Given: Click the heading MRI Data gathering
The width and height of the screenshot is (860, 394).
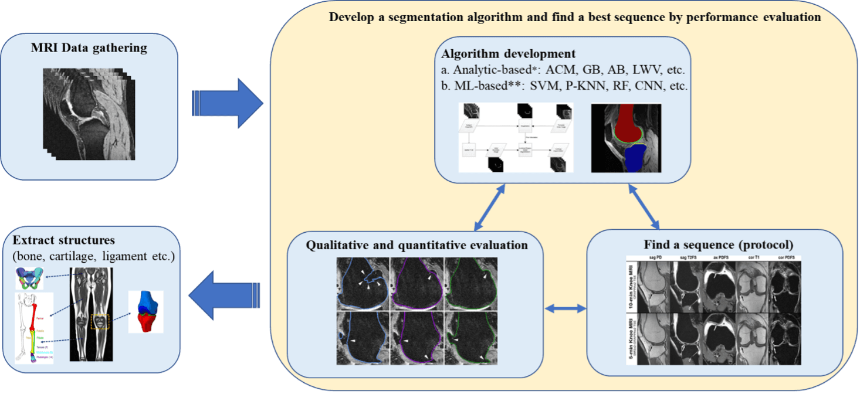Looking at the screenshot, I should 89,47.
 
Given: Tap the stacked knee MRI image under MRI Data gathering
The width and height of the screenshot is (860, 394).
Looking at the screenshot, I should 89,114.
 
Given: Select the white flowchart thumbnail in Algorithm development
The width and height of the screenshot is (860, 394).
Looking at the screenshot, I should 516,138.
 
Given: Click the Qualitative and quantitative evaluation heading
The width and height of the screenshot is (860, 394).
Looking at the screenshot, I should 417,245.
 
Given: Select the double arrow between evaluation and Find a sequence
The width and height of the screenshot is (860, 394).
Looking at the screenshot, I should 566,308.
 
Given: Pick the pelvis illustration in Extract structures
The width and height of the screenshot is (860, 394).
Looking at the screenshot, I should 33,278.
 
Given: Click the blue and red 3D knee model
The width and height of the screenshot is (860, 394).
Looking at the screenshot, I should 144,310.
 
